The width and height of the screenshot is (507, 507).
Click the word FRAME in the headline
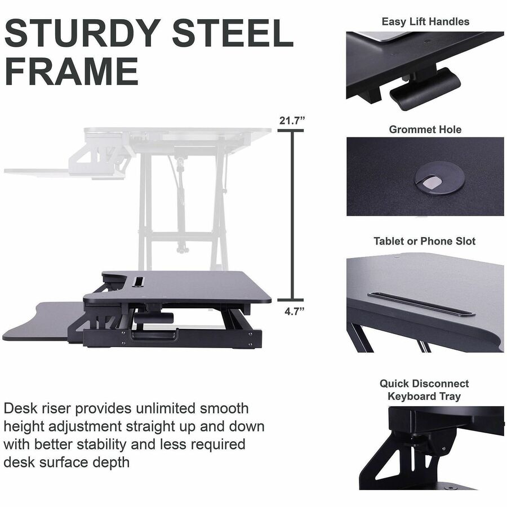(x=72, y=72)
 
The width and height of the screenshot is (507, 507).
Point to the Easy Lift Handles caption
(x=425, y=22)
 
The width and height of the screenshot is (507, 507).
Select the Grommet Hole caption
(x=425, y=130)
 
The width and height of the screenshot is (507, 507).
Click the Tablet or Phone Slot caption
(x=425, y=241)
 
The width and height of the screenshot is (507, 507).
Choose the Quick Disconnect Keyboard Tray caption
(x=424, y=390)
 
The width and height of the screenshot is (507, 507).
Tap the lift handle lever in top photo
(x=425, y=88)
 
